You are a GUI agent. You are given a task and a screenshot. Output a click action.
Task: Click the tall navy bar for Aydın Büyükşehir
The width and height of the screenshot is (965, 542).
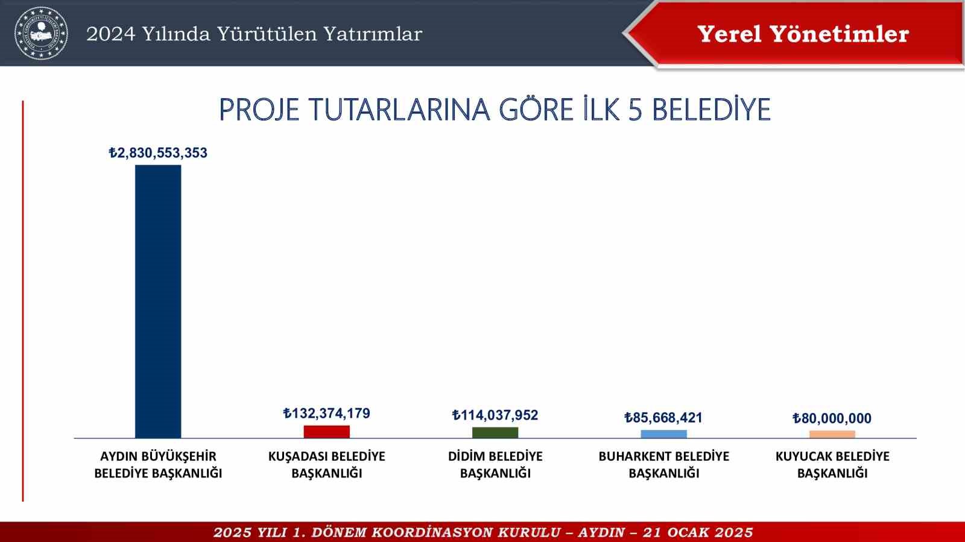tap(158, 301)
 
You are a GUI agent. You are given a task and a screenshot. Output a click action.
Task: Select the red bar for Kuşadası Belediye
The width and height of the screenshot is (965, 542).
tap(326, 432)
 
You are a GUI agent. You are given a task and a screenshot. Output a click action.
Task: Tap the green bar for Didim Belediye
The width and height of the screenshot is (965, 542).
tap(495, 432)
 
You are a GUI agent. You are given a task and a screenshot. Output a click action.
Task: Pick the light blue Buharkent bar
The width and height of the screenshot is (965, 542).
tap(663, 434)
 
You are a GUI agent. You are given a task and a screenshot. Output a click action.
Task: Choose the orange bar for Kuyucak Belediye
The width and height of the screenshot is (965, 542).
tap(832, 434)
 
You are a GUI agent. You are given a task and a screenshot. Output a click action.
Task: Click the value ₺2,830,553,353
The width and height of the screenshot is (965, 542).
tap(158, 153)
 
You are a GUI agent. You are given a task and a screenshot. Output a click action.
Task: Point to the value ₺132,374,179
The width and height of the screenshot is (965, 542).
tap(326, 414)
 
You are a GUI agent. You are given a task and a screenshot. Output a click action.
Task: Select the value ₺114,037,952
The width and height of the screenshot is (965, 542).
tap(495, 415)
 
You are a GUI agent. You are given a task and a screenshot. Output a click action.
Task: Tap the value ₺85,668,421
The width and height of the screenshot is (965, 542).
tap(663, 418)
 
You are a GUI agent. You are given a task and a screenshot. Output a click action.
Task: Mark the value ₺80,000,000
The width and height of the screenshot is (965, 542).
tap(832, 418)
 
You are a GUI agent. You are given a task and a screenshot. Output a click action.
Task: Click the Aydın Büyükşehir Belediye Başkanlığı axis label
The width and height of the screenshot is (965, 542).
tap(158, 465)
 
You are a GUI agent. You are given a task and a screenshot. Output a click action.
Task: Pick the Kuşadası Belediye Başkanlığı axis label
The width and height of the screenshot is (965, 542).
tap(326, 465)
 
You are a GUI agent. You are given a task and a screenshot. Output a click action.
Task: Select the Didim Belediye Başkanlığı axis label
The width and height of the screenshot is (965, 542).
tap(495, 465)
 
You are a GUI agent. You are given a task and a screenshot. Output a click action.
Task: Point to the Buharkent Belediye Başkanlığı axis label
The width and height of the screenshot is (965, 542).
tap(663, 465)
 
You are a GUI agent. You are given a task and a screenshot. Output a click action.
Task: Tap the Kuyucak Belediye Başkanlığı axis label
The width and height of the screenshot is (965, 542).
tap(832, 465)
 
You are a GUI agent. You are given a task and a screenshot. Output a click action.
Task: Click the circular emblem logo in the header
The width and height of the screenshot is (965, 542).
tap(41, 33)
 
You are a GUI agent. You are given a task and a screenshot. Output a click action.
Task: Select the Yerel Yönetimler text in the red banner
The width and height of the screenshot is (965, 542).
tap(803, 34)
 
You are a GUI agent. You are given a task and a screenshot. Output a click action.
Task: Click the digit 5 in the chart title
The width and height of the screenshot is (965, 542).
tap(635, 110)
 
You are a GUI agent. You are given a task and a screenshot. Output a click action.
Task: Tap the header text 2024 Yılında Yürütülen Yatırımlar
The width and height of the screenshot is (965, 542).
tap(254, 34)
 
